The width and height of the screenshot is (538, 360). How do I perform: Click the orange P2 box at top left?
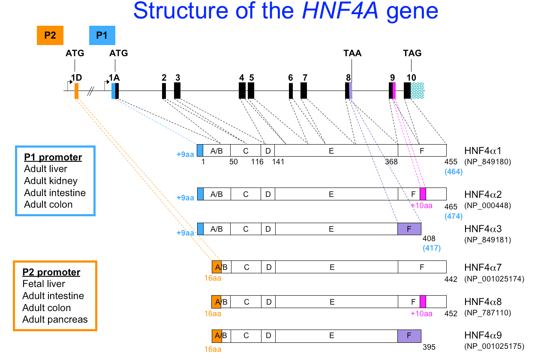50,35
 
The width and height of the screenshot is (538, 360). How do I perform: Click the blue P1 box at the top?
102,35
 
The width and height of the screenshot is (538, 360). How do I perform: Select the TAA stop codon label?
352,53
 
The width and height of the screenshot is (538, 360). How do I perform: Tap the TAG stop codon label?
412,53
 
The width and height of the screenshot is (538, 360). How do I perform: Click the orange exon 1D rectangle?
76,91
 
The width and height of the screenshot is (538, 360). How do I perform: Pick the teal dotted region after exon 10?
418,91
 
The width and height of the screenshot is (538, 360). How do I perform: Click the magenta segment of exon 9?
394,91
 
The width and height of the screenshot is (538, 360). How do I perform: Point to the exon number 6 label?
291,77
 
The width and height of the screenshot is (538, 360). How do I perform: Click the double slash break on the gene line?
91,91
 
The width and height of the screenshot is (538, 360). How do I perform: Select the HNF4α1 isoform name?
483,151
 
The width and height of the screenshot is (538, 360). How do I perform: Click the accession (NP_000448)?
487,206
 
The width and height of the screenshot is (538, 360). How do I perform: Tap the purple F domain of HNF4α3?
409,229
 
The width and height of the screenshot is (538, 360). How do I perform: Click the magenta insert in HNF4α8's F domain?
423,302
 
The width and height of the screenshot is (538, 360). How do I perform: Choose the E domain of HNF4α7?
332,267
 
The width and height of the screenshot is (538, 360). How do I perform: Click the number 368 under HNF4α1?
391,162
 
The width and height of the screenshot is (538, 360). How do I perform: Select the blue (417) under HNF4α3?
431,248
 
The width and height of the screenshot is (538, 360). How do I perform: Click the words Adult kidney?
51,181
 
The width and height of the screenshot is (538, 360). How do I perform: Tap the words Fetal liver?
44,284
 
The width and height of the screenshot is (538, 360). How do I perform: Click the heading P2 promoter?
51,272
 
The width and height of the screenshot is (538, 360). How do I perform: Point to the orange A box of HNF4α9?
217,336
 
